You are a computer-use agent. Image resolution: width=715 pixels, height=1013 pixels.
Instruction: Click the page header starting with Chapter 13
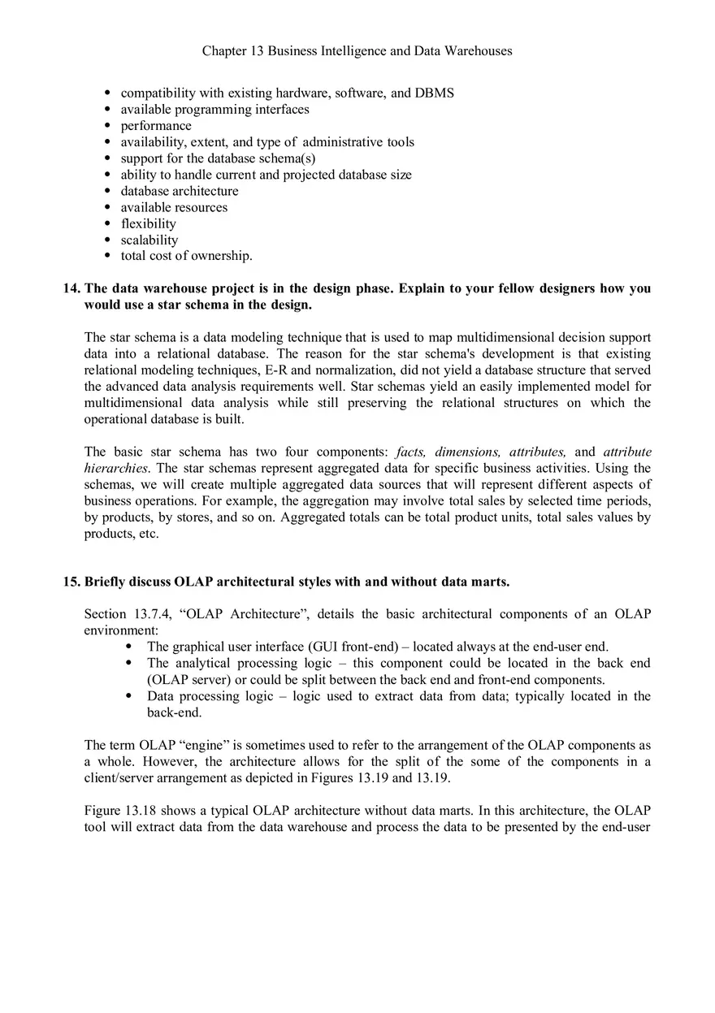(x=357, y=51)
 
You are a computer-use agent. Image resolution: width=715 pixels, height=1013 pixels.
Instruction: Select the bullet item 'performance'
(x=156, y=126)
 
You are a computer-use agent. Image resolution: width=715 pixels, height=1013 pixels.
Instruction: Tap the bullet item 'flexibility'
(x=148, y=223)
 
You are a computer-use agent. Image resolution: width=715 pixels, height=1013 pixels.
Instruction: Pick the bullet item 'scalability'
(x=149, y=240)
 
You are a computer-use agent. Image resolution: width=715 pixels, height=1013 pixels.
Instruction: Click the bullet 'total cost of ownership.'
(x=186, y=256)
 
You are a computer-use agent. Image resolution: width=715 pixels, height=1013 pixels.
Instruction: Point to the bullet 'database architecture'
(x=180, y=191)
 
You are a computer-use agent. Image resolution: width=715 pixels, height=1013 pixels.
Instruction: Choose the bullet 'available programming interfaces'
(x=214, y=110)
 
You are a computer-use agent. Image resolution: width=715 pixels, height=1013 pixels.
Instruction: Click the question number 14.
(x=71, y=289)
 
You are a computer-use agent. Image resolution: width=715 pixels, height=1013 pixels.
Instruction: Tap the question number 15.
(x=71, y=582)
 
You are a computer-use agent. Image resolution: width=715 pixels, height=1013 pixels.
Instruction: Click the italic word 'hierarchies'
(x=115, y=468)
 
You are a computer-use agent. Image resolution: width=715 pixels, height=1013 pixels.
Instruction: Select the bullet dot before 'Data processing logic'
(x=130, y=696)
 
